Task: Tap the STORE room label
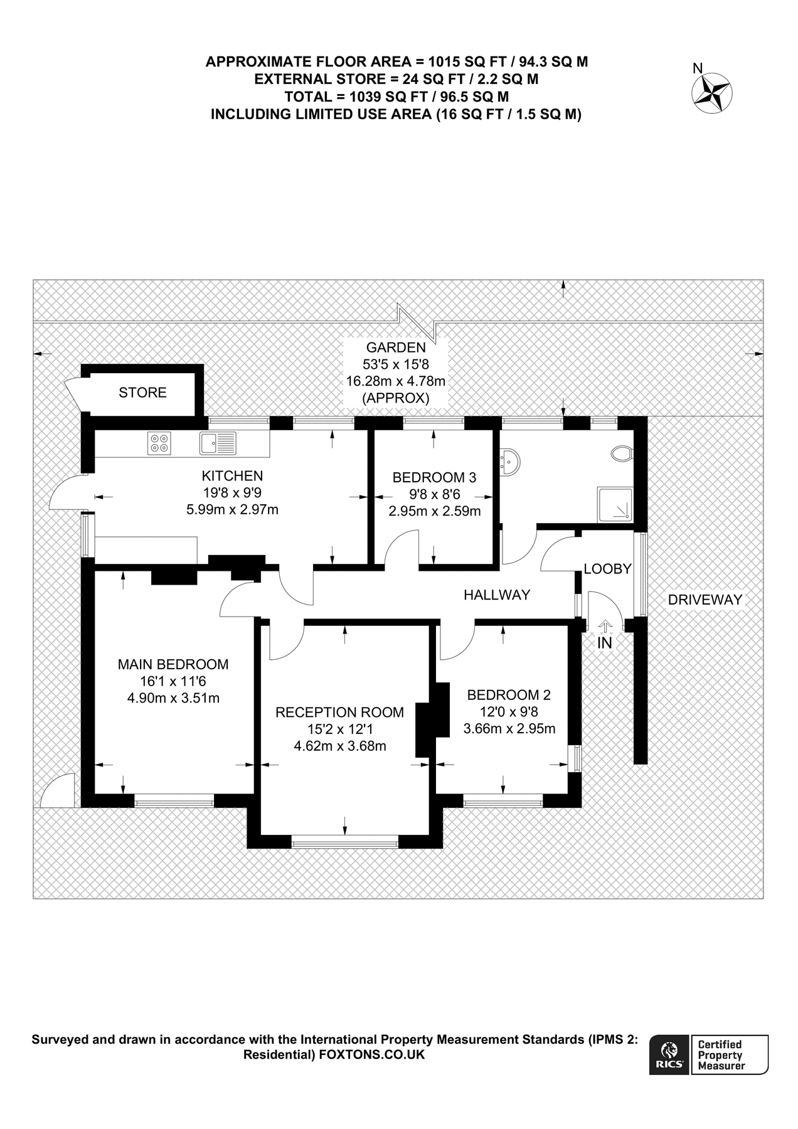(x=142, y=393)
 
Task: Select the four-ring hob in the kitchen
(x=159, y=443)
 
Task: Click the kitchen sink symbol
(x=218, y=443)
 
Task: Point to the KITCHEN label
(x=231, y=476)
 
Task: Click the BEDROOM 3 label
(x=434, y=477)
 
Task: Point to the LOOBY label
(x=607, y=570)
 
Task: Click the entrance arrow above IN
(x=605, y=626)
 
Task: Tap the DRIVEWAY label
(x=705, y=600)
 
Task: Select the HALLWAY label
(x=497, y=595)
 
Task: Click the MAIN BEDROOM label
(x=173, y=664)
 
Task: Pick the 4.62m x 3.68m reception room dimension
(x=339, y=746)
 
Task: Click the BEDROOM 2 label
(x=509, y=695)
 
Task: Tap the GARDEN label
(x=396, y=347)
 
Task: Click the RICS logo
(x=669, y=1054)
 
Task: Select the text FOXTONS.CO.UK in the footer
(x=372, y=1055)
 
